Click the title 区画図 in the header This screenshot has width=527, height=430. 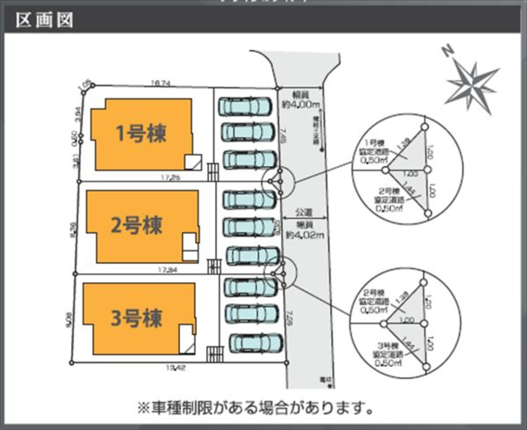pos(44,20)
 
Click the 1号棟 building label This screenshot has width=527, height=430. pos(141,133)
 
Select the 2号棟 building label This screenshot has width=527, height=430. pos(136,225)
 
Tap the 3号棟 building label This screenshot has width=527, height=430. pos(136,318)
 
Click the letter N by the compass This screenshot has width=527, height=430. pos(448,51)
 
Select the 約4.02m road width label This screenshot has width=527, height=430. pos(305,235)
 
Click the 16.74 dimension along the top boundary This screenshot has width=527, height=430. pos(161,83)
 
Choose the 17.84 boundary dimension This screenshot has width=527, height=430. pos(168,270)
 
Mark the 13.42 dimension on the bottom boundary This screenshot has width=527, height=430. pos(176,368)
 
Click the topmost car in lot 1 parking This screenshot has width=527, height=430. pos(245,106)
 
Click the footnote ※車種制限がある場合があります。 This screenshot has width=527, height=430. pos(255,408)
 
